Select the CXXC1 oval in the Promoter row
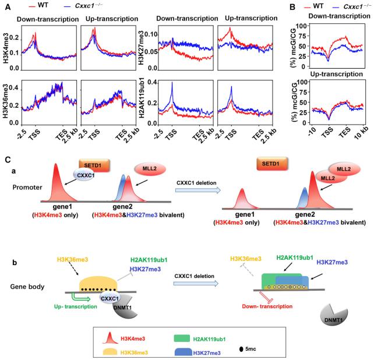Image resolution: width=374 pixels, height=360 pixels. click(x=85, y=175)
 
